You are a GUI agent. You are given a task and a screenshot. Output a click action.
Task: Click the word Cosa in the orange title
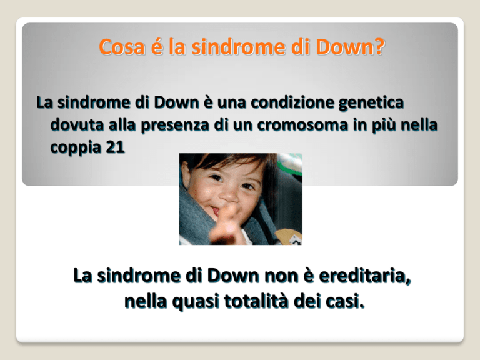[122, 47]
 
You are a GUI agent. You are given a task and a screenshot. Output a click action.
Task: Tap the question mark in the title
[379, 47]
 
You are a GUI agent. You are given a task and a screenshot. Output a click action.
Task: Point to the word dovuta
[77, 125]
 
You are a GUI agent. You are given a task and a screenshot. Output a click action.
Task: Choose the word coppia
[75, 148]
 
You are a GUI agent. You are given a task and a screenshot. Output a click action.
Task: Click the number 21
[115, 147]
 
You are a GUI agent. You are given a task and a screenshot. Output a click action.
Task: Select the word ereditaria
[364, 276]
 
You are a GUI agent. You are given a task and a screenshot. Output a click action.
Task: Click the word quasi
[196, 302]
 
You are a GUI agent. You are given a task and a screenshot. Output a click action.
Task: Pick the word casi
[345, 301]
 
